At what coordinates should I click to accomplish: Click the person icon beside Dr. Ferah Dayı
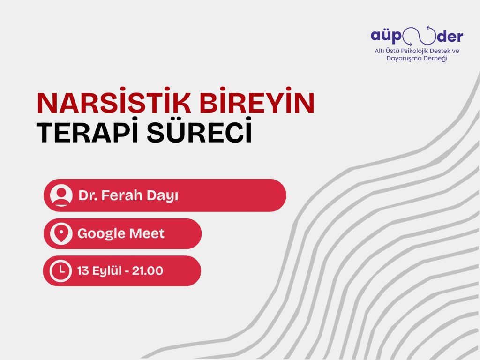click(61, 195)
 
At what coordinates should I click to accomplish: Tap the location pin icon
click(61, 233)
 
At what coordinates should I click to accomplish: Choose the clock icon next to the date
click(61, 270)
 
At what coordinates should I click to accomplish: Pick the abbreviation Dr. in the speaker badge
click(87, 195)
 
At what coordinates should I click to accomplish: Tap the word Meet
click(150, 233)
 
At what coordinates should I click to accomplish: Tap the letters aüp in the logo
click(385, 36)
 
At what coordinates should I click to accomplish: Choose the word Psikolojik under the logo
click(411, 50)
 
